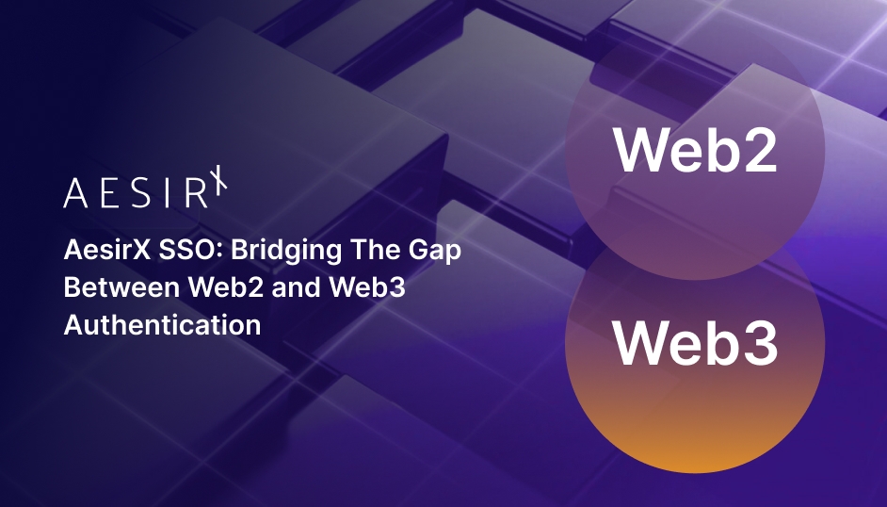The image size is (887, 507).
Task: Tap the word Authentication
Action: (x=162, y=324)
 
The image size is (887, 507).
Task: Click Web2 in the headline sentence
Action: (x=222, y=288)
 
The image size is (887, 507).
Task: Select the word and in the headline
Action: (x=295, y=288)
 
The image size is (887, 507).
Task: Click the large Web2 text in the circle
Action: (x=695, y=149)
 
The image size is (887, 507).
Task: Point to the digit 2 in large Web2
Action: (x=757, y=149)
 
